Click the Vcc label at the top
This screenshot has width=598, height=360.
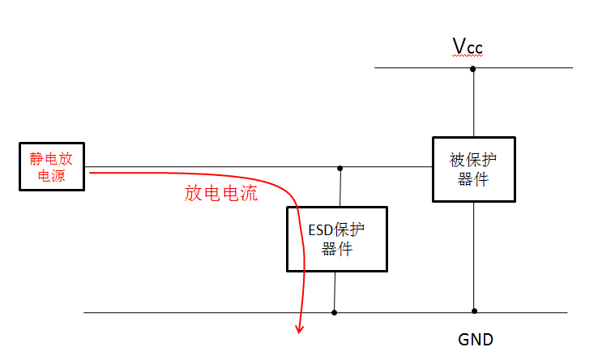pyautogui.click(x=468, y=46)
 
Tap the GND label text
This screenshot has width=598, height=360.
pyautogui.click(x=475, y=339)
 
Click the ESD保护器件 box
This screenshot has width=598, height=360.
pyautogui.click(x=336, y=239)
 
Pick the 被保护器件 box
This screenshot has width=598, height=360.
pyautogui.click(x=472, y=169)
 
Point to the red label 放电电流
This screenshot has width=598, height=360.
pyautogui.click(x=221, y=193)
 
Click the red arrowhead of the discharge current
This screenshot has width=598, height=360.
pyautogui.click(x=300, y=328)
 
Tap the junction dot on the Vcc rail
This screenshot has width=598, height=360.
pyautogui.click(x=473, y=69)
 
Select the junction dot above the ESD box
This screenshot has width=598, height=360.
pyautogui.click(x=340, y=168)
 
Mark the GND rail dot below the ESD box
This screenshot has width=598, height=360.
pyautogui.click(x=334, y=311)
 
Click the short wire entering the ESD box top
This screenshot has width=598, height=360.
pyautogui.click(x=340, y=188)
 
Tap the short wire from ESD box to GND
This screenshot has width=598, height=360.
pyautogui.click(x=335, y=291)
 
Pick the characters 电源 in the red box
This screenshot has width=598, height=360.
pyautogui.click(x=53, y=175)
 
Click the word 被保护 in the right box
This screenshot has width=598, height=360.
pyautogui.click(x=472, y=161)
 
